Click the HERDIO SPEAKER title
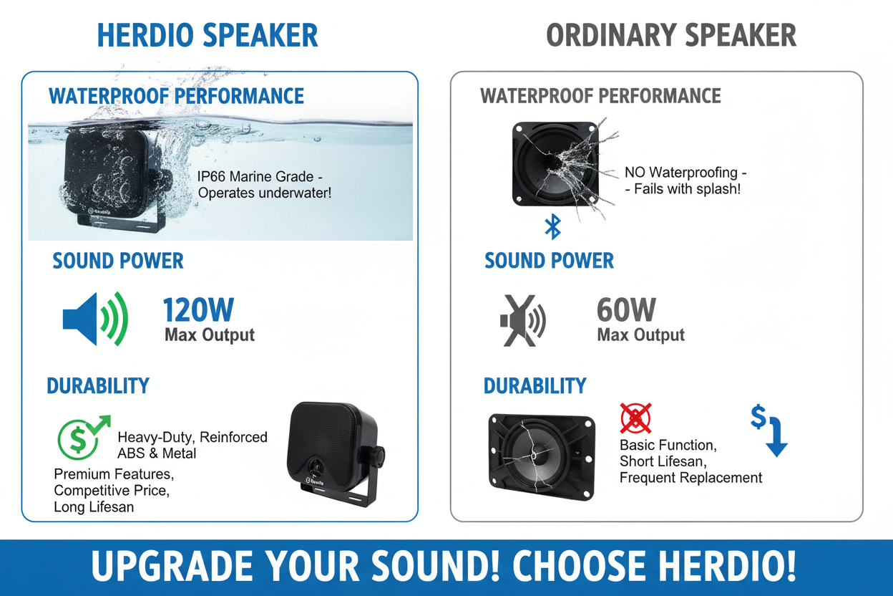[x=208, y=36]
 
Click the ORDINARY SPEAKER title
[x=670, y=36]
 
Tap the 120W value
[x=198, y=310]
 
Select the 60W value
[x=626, y=310]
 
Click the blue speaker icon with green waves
[x=95, y=319]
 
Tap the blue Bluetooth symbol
[x=552, y=226]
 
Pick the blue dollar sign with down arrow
[x=768, y=430]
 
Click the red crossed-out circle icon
[x=635, y=418]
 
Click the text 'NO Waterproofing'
[x=680, y=173]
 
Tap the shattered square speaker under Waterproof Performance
[x=555, y=164]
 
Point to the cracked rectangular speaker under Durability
[x=542, y=455]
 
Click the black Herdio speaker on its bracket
[x=333, y=448]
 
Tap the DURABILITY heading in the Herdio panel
[x=98, y=386]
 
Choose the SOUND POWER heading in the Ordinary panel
[x=549, y=261]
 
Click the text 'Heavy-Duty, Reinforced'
[x=192, y=437]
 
